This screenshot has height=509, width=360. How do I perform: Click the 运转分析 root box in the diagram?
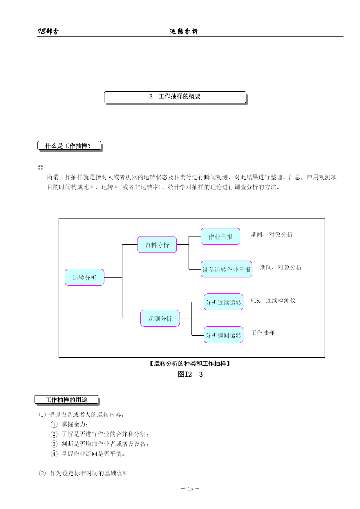[84, 277]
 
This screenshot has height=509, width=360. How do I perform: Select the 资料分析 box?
[157, 245]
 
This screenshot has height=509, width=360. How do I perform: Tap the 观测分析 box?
[160, 318]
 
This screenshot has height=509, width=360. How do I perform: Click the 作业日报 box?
[220, 237]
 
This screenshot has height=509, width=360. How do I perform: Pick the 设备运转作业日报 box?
[226, 269]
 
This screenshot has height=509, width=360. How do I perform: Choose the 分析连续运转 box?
[223, 302]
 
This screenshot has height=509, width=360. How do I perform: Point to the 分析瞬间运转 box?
[223, 335]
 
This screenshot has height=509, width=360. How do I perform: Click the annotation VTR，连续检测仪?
[273, 301]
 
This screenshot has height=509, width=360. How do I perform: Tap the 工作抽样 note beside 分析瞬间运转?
[263, 333]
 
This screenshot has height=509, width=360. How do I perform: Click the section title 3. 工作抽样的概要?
[175, 97]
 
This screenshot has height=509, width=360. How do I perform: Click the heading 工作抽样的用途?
[66, 400]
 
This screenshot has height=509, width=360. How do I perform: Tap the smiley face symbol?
[41, 168]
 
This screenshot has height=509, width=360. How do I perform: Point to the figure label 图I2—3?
[190, 374]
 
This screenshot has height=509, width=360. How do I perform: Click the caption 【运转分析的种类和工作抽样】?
[190, 364]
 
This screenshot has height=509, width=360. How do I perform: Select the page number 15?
[190, 489]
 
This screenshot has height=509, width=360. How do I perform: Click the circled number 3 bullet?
[54, 444]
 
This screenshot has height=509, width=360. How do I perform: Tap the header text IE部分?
[48, 31]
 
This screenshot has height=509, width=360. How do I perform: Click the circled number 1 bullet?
[54, 424]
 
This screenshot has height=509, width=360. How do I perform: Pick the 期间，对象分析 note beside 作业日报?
[272, 234]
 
